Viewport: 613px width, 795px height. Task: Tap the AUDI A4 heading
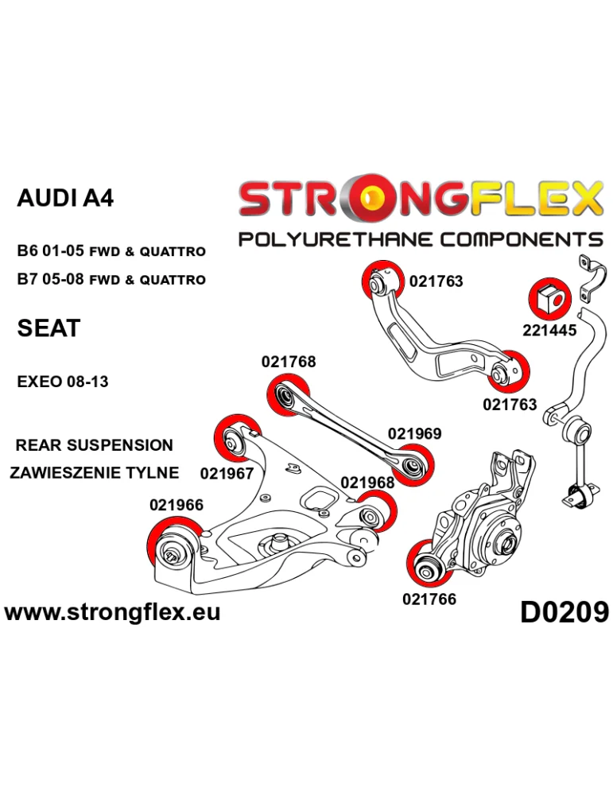(65, 198)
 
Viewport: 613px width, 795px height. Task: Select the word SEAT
(48, 328)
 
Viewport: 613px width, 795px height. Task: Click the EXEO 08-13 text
(63, 382)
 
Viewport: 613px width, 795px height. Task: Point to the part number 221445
(549, 330)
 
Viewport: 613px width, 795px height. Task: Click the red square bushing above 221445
(546, 298)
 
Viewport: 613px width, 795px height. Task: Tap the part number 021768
(289, 362)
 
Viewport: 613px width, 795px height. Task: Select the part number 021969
(414, 434)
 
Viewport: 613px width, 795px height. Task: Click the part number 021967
(227, 474)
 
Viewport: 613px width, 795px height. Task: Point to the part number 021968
(367, 483)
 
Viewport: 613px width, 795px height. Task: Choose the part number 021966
(176, 505)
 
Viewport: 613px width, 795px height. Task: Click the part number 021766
(429, 599)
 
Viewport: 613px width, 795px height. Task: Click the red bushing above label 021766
(425, 563)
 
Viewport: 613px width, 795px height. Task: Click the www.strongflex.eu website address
(112, 612)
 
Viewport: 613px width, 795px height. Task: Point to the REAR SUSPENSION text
(94, 445)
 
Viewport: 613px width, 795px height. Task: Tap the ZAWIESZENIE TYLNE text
(94, 472)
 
